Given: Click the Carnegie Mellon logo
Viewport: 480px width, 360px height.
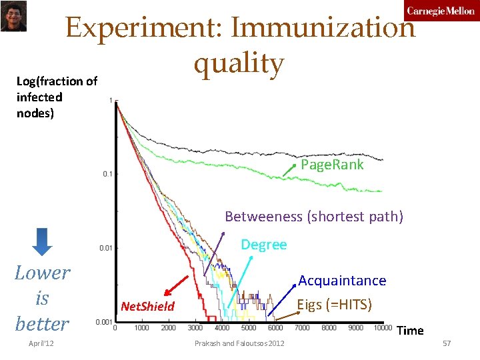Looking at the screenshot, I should pyautogui.click(x=441, y=11).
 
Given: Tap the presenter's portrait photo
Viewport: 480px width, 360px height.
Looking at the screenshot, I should pyautogui.click(x=13, y=16).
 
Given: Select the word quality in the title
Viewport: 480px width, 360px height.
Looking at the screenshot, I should pyautogui.click(x=239, y=64).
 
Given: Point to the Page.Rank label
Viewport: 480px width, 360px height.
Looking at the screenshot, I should pyautogui.click(x=332, y=165).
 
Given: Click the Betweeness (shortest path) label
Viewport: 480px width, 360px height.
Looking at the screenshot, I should pyautogui.click(x=314, y=217).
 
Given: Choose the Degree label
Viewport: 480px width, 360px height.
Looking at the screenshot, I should pyautogui.click(x=263, y=245).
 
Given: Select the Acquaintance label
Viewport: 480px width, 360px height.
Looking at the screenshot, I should pyautogui.click(x=342, y=281).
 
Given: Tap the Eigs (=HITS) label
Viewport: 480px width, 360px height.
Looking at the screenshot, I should pyautogui.click(x=334, y=305).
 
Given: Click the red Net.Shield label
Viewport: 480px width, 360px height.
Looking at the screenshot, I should pyautogui.click(x=147, y=307).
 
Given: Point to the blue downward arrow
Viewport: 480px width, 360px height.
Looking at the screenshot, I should pyautogui.click(x=41, y=241).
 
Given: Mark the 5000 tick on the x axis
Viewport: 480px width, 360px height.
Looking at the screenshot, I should pyautogui.click(x=249, y=328).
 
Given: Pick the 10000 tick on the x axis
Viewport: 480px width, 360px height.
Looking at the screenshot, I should pyautogui.click(x=382, y=328).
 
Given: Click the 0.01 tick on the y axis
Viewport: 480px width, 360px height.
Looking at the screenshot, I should pyautogui.click(x=105, y=248).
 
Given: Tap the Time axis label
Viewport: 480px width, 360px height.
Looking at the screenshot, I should pyautogui.click(x=410, y=331).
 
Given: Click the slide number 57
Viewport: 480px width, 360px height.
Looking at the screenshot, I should pyautogui.click(x=447, y=343).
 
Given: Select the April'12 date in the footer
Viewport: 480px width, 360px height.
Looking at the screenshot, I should pyautogui.click(x=42, y=343).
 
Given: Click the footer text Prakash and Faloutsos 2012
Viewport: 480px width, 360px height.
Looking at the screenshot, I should pyautogui.click(x=239, y=343).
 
